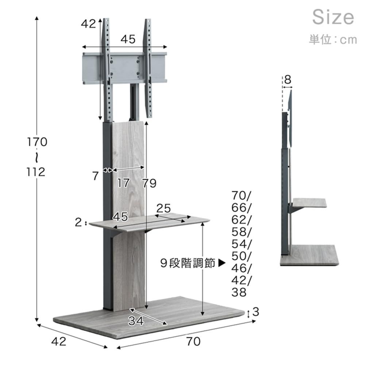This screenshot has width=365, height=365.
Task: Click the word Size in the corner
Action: tap(333, 17)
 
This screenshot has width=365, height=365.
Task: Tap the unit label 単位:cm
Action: tap(333, 39)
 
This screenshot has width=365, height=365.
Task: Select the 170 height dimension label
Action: tap(37, 142)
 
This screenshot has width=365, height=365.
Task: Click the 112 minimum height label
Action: tap(36, 172)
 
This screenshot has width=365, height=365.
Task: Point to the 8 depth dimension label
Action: tap(288, 80)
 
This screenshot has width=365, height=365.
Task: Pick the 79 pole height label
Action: tap(149, 183)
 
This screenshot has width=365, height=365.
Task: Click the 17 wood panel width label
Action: tap(123, 183)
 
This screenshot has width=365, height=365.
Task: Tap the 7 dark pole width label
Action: tap(95, 176)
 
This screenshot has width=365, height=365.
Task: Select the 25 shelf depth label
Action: tap(164, 208)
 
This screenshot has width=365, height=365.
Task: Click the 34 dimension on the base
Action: tap(136, 321)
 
